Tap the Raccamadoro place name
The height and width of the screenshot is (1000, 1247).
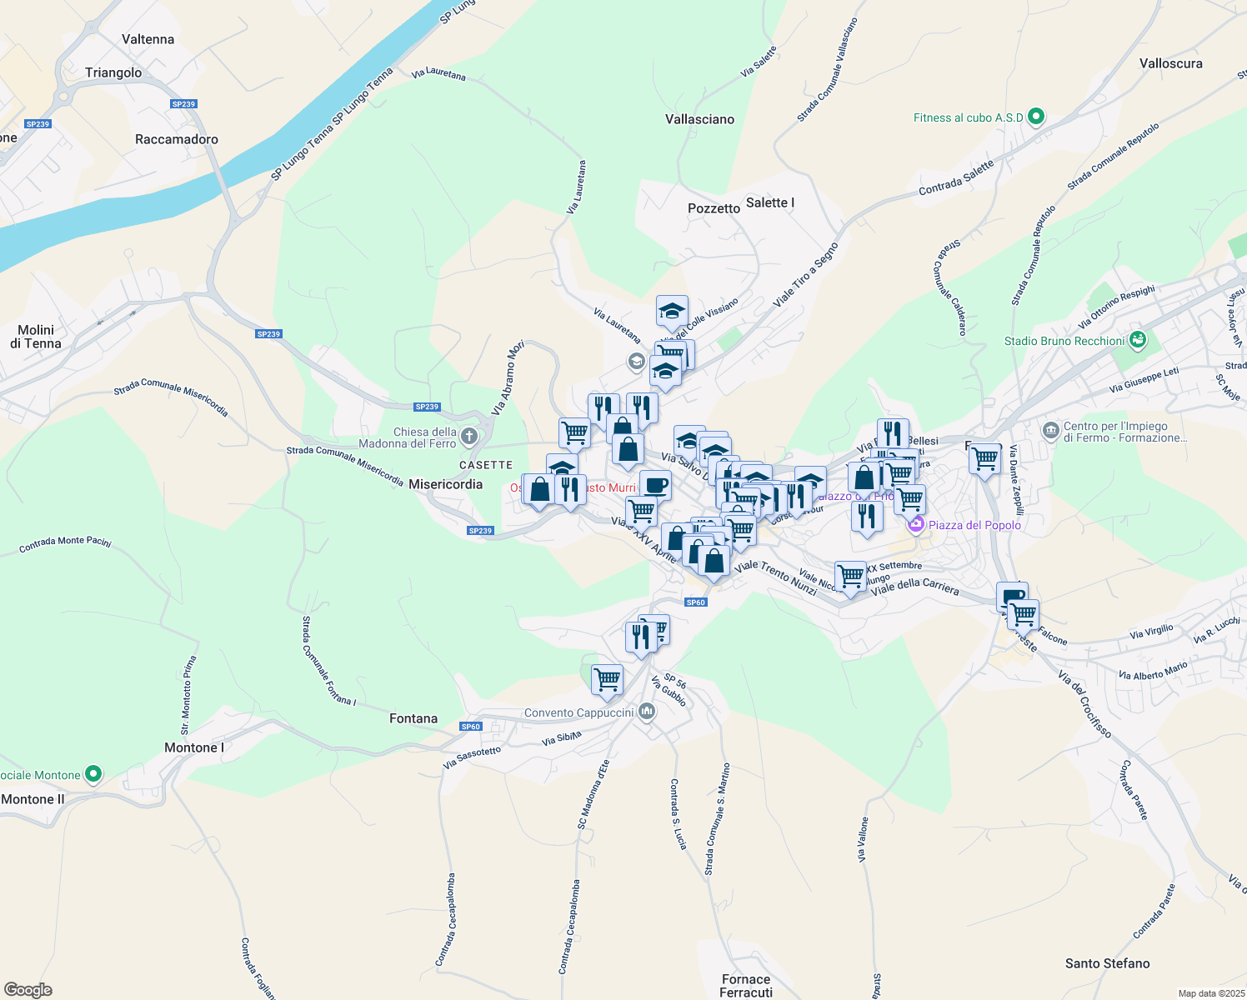pyautogui.click(x=177, y=139)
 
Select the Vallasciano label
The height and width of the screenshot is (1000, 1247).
pyautogui.click(x=699, y=119)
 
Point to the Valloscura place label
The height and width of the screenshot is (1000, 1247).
pyautogui.click(x=1170, y=63)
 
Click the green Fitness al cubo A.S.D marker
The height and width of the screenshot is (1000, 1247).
pyautogui.click(x=1036, y=117)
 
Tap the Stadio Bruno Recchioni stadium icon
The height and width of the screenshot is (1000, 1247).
pyautogui.click(x=1137, y=340)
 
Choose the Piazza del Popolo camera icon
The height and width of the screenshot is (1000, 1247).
pyautogui.click(x=916, y=525)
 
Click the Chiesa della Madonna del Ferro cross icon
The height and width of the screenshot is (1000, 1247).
pyautogui.click(x=469, y=437)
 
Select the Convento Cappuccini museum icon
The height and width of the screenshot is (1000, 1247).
pyautogui.click(x=647, y=712)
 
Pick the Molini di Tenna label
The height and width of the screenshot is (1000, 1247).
pyautogui.click(x=36, y=337)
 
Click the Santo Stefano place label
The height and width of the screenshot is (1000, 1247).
pyautogui.click(x=1107, y=963)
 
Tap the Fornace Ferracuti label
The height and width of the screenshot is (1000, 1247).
pyautogui.click(x=745, y=986)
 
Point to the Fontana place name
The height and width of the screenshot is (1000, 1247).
pyautogui.click(x=413, y=718)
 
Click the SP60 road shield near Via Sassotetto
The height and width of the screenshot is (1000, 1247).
pyautogui.click(x=471, y=727)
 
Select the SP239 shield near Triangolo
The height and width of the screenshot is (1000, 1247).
pyautogui.click(x=183, y=104)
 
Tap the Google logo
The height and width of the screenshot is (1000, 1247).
pyautogui.click(x=28, y=990)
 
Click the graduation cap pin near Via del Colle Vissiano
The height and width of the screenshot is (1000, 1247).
pyautogui.click(x=672, y=312)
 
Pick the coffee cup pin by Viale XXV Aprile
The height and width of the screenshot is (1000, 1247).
pyautogui.click(x=655, y=485)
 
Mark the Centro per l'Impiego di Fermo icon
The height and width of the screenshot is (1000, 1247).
pyautogui.click(x=1050, y=431)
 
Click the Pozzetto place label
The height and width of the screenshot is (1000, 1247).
pyautogui.click(x=714, y=208)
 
